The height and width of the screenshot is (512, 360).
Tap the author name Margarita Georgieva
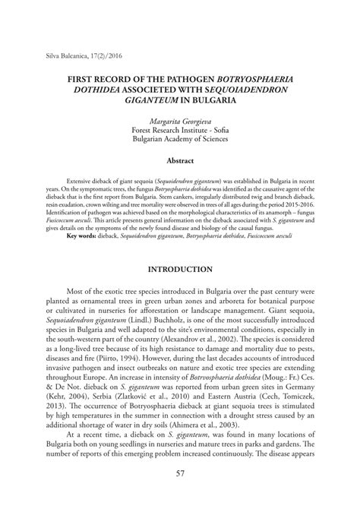click(x=180, y=120)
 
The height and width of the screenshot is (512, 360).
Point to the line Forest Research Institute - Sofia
click(x=180, y=130)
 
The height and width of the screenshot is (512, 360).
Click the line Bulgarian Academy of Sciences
click(x=180, y=140)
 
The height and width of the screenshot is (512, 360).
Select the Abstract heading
click(x=180, y=160)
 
